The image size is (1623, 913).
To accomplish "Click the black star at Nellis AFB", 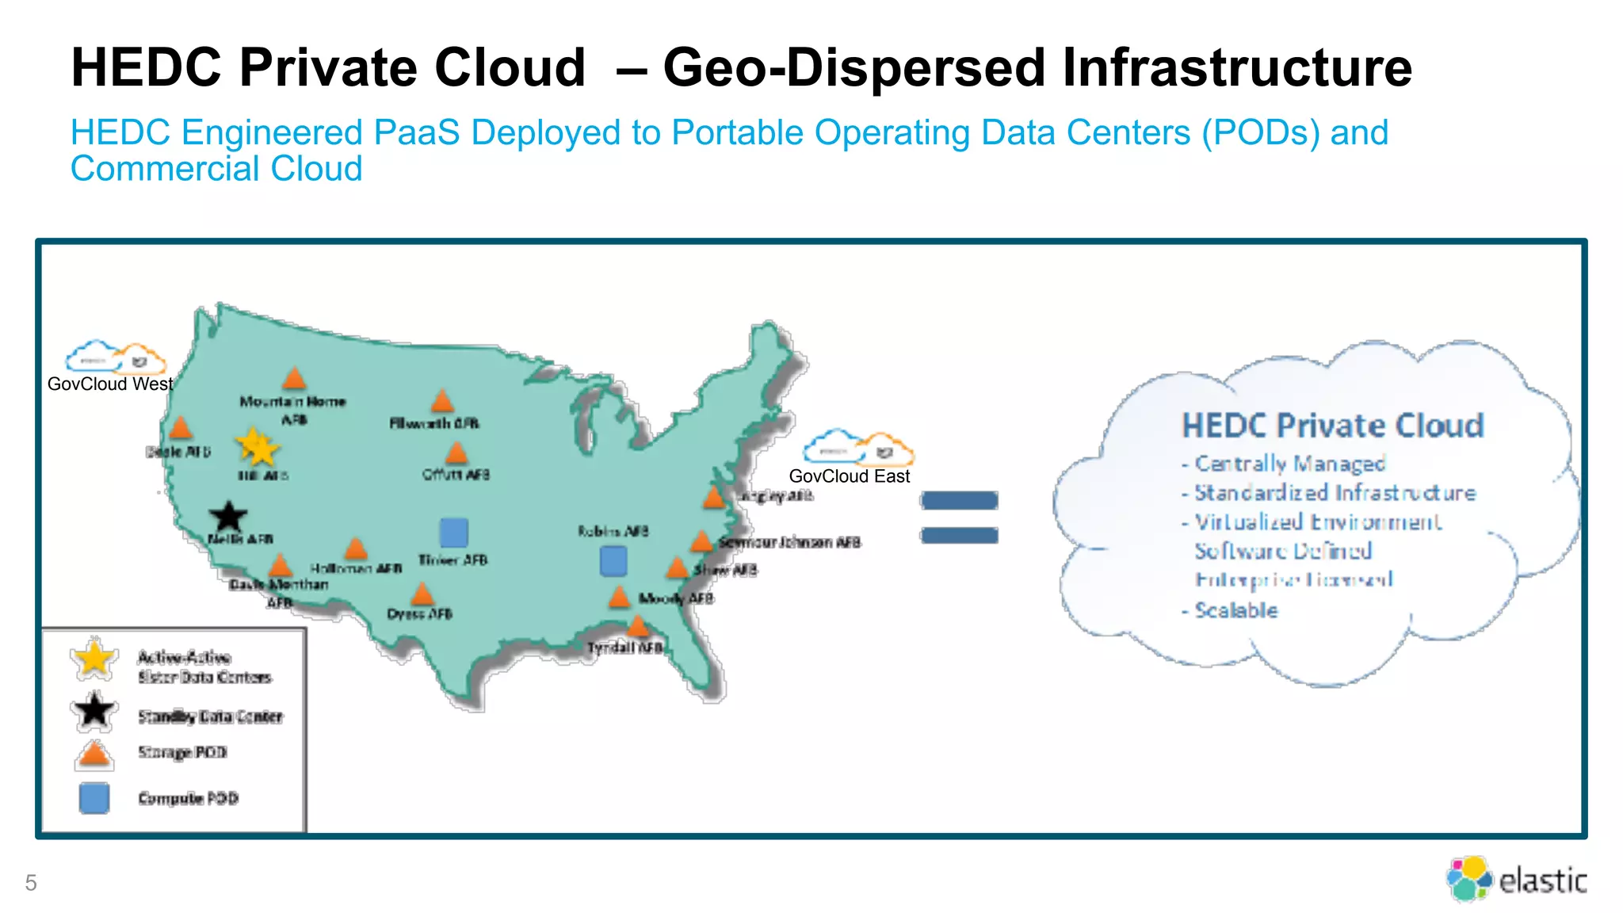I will coord(228,517).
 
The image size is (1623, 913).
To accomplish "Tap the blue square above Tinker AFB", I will coord(453,533).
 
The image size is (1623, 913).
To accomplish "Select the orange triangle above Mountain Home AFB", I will coord(295,378).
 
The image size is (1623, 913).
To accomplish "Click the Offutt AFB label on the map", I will coord(456,475).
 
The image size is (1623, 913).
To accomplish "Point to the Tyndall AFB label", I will coord(624,648).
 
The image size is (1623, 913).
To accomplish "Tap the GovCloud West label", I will coord(110,384).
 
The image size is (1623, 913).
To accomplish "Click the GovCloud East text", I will coord(850,476).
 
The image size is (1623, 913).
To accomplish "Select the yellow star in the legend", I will coord(94,659).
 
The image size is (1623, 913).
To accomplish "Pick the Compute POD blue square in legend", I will coord(94,798).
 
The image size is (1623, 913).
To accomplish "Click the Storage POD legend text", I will coord(182,752).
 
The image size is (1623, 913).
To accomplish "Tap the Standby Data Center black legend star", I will coord(94,711).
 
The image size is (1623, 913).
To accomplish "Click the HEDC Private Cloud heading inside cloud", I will coord(1332,426).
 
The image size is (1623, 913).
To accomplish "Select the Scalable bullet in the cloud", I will coord(1235,610).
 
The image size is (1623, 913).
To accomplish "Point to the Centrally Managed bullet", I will coord(1289,463).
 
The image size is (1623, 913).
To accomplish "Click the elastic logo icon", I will coord(1468,879).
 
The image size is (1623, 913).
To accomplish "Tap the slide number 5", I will coord(31,883).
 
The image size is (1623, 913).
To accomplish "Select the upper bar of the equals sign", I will coord(959,500).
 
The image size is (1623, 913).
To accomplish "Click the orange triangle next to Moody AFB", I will coord(620,597).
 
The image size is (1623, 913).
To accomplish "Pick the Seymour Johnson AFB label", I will coord(789,543).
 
